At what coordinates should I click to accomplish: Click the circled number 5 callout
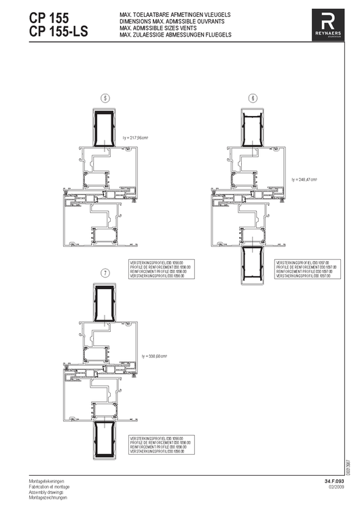click(x=105, y=98)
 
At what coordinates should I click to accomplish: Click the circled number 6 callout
click(x=253, y=98)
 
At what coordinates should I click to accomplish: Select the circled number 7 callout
click(x=105, y=273)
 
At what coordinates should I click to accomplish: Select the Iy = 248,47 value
click(x=305, y=180)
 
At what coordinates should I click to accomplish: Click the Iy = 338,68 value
click(x=154, y=356)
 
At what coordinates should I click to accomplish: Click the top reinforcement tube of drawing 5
click(x=104, y=130)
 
